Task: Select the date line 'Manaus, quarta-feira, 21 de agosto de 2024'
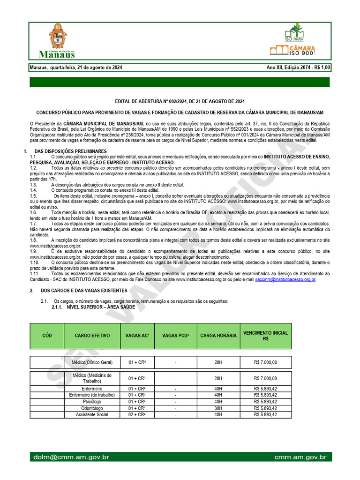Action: coord(76,67)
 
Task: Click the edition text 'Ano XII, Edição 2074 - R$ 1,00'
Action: coord(298,67)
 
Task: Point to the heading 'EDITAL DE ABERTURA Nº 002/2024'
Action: coord(180,101)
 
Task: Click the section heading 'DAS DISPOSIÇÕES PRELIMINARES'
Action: coord(71,151)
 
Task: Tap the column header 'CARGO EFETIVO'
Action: coord(92,336)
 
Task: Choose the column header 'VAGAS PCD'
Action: coord(175,336)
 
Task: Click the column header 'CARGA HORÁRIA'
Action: coord(218,336)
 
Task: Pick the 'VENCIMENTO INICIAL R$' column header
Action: coord(266,336)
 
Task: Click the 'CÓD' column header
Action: coord(47,336)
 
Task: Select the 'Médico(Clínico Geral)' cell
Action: coord(92,362)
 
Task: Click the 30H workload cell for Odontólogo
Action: coord(218,408)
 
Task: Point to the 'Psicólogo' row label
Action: coord(92,402)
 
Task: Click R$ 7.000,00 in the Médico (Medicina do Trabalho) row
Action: coord(266,378)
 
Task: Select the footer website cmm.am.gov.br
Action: coord(300,457)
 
